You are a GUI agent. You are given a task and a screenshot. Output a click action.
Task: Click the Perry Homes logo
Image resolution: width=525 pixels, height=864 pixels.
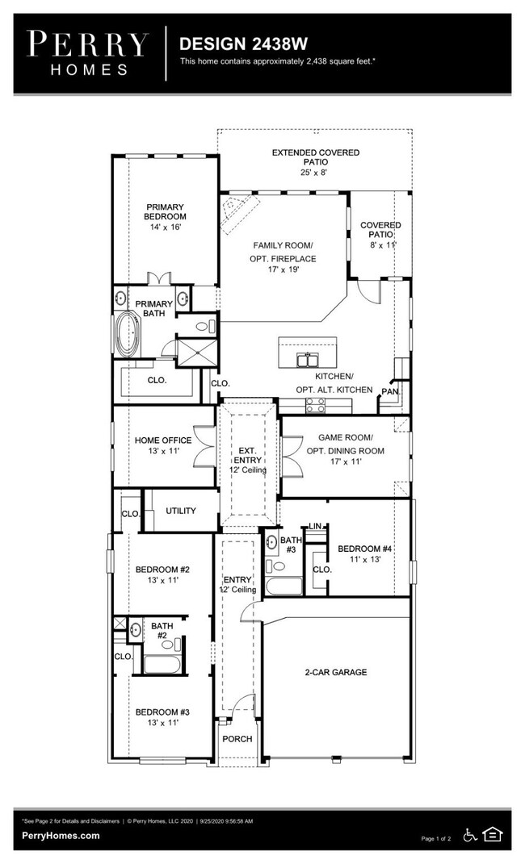coord(88,53)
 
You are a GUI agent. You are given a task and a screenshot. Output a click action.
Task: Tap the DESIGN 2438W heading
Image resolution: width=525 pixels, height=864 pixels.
coord(243,44)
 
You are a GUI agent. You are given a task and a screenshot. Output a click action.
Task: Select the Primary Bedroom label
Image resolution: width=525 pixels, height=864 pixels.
coord(165,211)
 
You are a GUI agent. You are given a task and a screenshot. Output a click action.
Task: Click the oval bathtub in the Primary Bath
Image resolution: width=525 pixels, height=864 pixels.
coord(127,335)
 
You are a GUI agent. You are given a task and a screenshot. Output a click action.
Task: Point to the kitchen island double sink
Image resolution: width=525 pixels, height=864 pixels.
coord(307,360)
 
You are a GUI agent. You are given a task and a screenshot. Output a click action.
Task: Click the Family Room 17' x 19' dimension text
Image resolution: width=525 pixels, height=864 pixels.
coord(283,269)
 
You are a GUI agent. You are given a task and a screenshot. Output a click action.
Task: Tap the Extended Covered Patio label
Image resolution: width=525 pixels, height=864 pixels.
coord(316,157)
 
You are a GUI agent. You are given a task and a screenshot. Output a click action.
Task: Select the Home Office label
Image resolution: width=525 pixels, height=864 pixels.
coord(163,440)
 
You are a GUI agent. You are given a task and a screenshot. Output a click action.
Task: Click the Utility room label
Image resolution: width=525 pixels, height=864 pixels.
coord(181,511)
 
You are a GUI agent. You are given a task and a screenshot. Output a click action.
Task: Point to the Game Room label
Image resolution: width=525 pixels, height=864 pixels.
coord(346,437)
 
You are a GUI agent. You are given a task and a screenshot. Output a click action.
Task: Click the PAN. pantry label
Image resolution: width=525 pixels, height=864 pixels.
coord(390,392)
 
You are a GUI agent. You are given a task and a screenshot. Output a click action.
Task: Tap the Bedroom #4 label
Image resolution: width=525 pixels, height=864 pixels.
coord(364,549)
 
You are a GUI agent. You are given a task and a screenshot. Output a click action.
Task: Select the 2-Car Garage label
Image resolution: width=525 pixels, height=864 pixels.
coord(336,672)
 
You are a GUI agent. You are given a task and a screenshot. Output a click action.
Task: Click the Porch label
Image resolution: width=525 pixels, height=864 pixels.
coord(237,739)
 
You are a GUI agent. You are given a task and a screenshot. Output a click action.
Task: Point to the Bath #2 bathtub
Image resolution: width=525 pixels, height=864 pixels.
coord(162,664)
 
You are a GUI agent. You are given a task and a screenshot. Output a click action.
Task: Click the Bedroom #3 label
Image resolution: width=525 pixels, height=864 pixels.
coord(162,712)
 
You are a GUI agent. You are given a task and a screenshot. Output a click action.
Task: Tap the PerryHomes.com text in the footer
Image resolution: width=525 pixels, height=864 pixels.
coord(61,835)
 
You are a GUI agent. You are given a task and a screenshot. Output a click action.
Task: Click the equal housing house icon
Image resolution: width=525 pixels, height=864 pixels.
coord(492,834)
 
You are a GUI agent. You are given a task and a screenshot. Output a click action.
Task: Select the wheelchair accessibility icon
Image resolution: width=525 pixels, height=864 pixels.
coord(470,835)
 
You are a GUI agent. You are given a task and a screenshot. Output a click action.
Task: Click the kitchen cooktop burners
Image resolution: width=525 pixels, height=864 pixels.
coord(316,405)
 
